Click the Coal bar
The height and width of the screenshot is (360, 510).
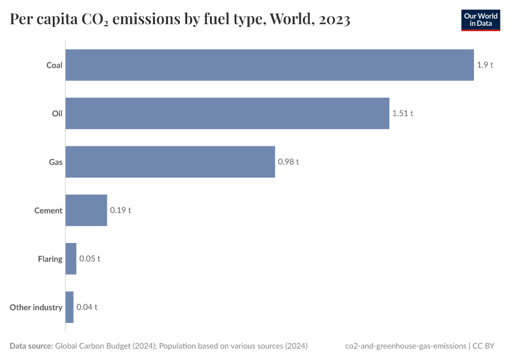269,65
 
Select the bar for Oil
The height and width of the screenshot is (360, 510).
227,113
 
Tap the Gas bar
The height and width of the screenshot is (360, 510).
170,162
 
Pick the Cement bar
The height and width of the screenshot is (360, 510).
86,210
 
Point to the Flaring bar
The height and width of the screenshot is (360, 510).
71,259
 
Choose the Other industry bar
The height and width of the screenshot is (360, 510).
69,307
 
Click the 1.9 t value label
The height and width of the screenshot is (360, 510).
485,65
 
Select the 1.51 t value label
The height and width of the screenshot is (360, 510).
403,113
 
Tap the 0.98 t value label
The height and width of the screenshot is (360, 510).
288,162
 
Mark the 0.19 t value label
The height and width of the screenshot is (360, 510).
120,210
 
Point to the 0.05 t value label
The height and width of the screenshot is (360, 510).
89,259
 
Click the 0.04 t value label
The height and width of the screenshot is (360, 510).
86,307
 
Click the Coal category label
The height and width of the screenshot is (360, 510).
55,65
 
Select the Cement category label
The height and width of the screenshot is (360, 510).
48,211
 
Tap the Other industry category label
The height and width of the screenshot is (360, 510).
36,307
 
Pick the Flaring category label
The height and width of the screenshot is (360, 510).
50,259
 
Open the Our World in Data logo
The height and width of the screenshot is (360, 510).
480,20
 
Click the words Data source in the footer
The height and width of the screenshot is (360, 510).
31,346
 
